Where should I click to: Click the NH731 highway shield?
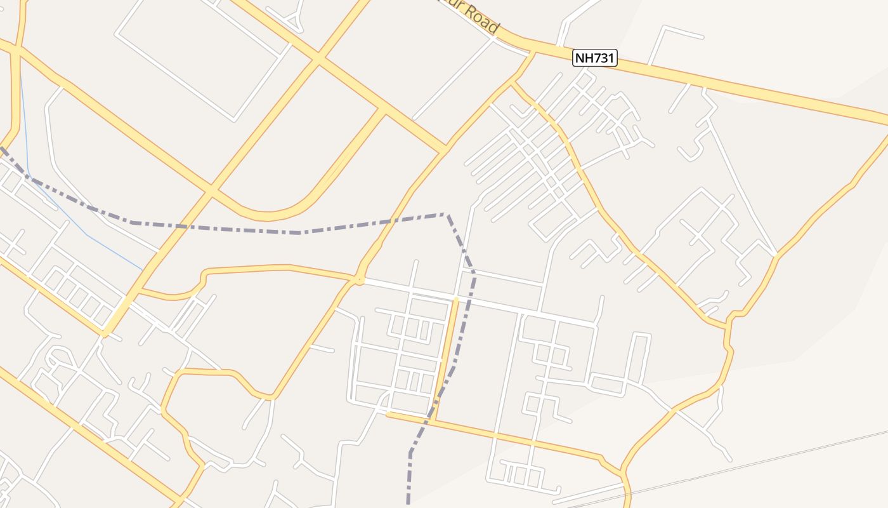point(595,58)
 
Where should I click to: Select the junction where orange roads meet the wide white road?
point(359,279)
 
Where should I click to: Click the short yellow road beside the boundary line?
point(447,356)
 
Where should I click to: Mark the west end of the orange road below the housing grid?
point(388,415)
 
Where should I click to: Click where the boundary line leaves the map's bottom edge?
point(408,505)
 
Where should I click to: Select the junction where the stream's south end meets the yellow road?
point(142,269)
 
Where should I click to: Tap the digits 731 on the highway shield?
point(602,58)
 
